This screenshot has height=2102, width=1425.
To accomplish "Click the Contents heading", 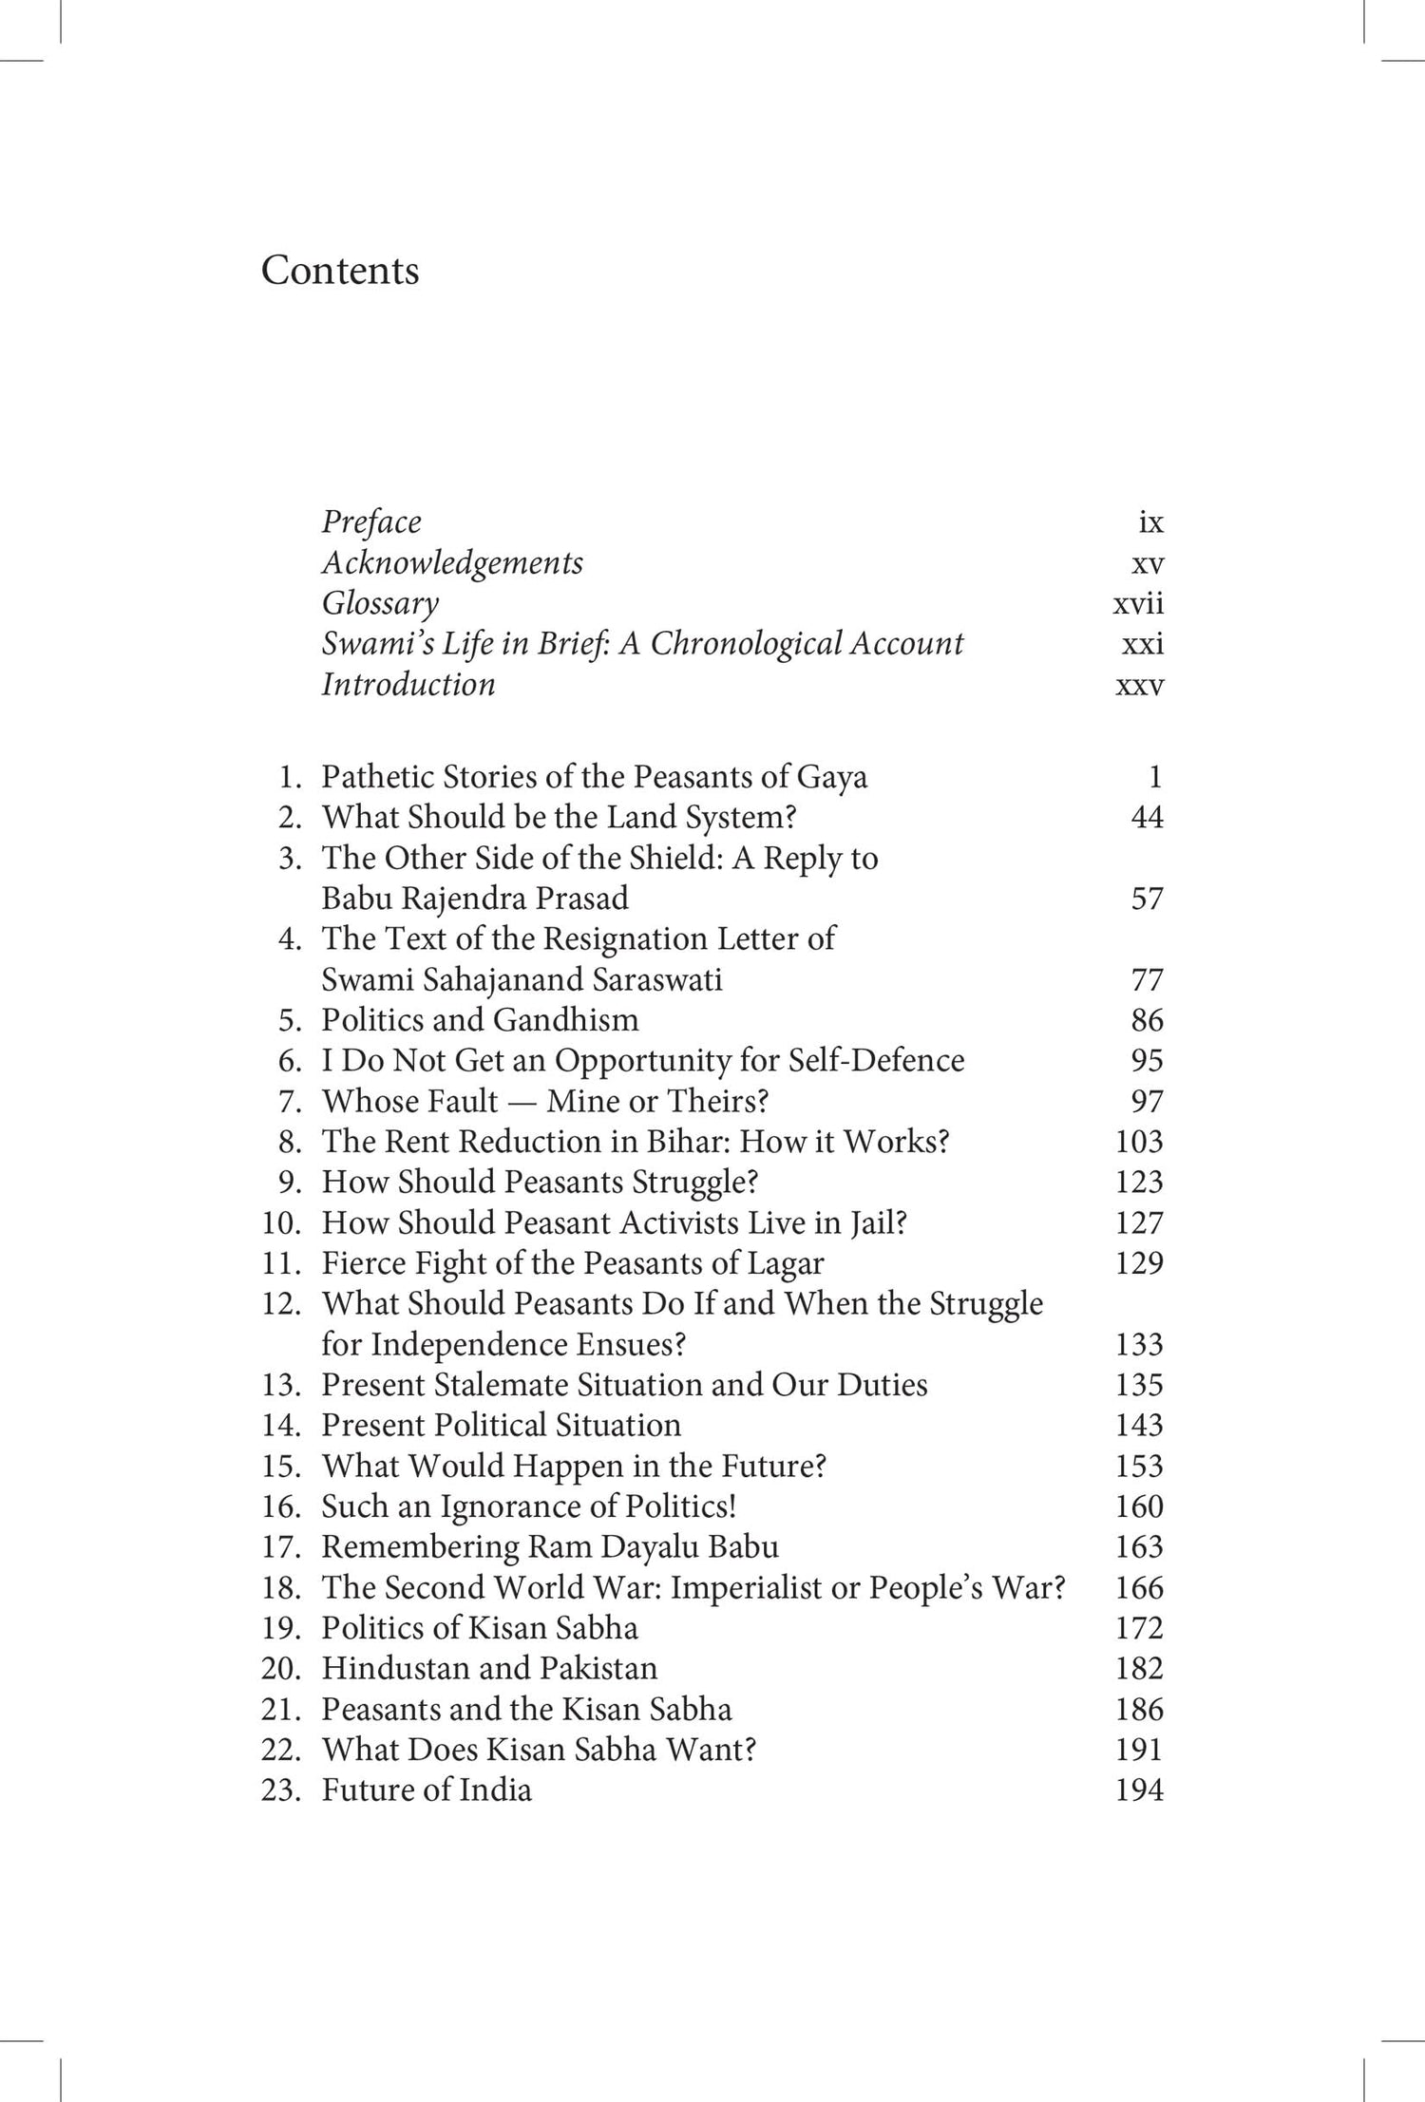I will (340, 271).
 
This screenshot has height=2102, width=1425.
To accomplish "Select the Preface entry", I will (371, 521).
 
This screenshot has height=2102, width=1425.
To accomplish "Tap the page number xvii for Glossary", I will (1138, 603).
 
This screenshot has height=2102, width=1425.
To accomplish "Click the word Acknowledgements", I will (452, 562).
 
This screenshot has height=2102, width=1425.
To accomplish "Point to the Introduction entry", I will (408, 684).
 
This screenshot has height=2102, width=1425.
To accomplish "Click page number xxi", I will (1142, 644).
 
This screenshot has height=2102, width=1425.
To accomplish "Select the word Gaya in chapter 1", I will (832, 777).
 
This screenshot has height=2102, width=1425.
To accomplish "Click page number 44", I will (1147, 817).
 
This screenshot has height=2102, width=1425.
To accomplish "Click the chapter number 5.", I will (290, 1020).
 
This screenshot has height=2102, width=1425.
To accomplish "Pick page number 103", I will (1139, 1141).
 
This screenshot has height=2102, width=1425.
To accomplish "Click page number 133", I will (1139, 1344).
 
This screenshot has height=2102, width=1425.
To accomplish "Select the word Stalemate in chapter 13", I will (506, 1385).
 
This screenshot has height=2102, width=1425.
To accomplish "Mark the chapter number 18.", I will (281, 1587).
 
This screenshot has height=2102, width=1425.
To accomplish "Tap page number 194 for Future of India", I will (1139, 1790).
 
